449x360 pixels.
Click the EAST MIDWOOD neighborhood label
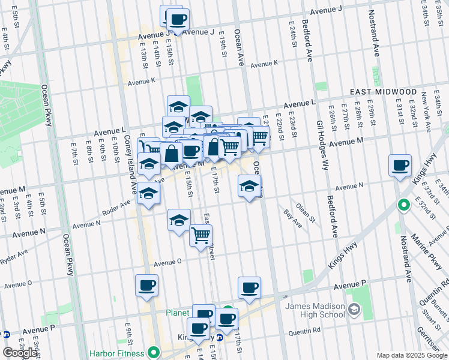(x=384, y=92)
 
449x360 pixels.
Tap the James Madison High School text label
(x=315, y=311)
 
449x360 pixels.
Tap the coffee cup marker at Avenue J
(x=178, y=19)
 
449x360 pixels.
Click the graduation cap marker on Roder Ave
(x=148, y=194)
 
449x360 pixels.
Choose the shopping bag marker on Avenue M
(x=171, y=154)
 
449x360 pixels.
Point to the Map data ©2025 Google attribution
(x=412, y=355)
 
